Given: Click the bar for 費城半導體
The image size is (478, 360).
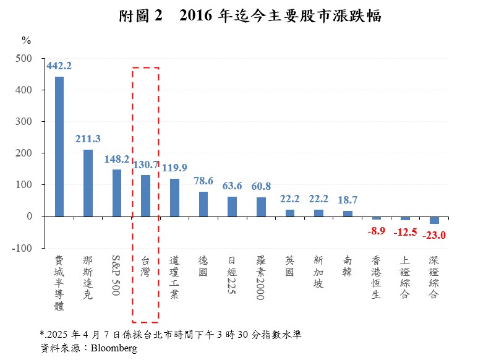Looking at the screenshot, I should [x=59, y=147].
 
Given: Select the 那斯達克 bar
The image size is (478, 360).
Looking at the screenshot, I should [x=88, y=183].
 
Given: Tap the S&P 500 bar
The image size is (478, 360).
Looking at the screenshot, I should [x=117, y=193].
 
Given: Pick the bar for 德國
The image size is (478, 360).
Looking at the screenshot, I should [x=203, y=204].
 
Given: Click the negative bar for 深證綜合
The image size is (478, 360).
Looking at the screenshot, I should [x=434, y=220].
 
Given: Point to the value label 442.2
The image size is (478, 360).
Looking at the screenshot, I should [x=59, y=66].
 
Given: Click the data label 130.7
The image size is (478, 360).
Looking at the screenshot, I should [x=146, y=165].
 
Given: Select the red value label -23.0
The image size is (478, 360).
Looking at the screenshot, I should [x=434, y=235].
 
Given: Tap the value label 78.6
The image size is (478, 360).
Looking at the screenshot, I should [x=203, y=181].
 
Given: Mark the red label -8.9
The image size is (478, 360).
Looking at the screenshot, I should [x=377, y=231].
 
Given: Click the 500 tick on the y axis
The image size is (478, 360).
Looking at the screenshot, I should [x=24, y=58].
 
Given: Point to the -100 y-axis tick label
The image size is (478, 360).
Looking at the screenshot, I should [x=22, y=248].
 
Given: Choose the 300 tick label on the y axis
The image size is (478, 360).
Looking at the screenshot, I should [x=24, y=122].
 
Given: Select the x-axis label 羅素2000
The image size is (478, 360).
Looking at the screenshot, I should [x=260, y=278].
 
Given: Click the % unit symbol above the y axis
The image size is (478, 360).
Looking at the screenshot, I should [x=27, y=40].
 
